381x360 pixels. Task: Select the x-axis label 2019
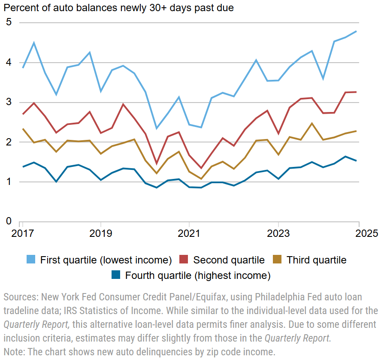click(100, 234)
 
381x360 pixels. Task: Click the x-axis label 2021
click(189, 234)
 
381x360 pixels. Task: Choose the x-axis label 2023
click(278, 234)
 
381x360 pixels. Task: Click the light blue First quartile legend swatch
click(31, 260)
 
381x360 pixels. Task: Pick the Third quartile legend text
click(316, 260)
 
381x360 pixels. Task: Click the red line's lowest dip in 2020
click(156, 164)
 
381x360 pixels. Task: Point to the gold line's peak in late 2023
click(311, 124)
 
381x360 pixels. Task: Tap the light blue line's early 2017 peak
click(34, 42)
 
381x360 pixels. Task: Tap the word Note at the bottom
click(13, 352)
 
